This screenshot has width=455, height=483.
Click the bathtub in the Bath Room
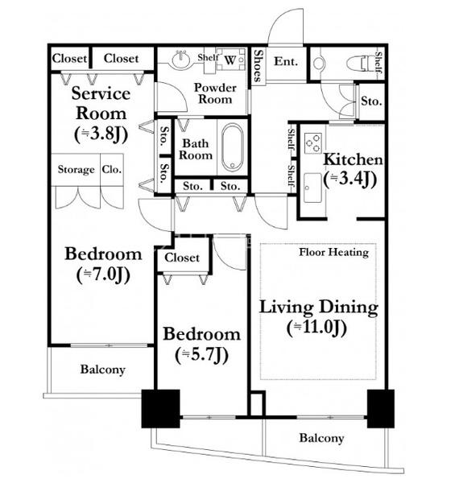(232, 147)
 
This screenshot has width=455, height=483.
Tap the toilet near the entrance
(358, 64)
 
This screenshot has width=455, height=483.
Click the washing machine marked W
(230, 59)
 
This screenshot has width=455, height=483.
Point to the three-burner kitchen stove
(313, 143)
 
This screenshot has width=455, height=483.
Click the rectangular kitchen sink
(312, 188)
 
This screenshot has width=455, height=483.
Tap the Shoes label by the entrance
(259, 66)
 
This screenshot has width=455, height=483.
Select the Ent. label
(286, 61)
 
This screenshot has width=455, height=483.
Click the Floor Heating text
(334, 252)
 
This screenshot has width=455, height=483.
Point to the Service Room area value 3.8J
(101, 134)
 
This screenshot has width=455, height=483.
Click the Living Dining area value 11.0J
(317, 328)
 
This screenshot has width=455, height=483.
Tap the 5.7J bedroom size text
(202, 355)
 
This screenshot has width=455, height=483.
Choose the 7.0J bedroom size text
(103, 275)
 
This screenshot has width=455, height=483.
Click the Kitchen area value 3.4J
(350, 179)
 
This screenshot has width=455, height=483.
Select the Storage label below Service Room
(76, 170)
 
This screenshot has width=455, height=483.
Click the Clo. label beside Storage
(111, 169)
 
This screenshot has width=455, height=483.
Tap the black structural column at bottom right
(381, 409)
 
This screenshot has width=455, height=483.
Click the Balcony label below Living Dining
(321, 439)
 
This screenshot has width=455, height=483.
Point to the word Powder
(215, 88)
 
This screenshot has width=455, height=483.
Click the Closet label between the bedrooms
(182, 258)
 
